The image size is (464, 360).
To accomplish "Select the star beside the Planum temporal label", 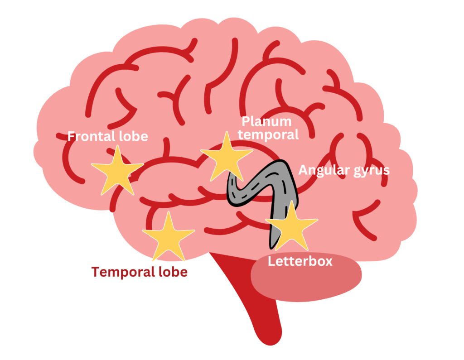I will [x=226, y=157].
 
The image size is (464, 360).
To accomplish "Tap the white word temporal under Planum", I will [x=271, y=134].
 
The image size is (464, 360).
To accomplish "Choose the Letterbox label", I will [x=300, y=261].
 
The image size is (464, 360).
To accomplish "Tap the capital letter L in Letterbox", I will [x=271, y=261].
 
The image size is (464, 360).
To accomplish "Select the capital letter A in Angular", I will [x=303, y=170].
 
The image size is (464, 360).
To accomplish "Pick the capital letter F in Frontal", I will [x=71, y=136].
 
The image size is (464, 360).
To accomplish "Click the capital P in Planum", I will [x=246, y=121].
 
